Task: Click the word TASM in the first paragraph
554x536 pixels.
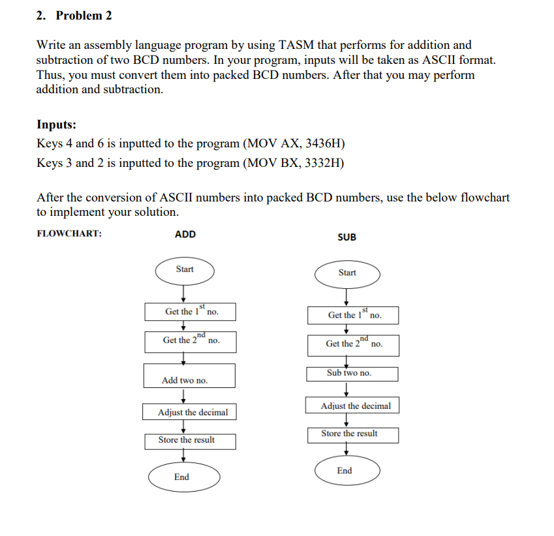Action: coord(298,45)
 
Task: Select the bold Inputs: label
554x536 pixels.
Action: coord(56,124)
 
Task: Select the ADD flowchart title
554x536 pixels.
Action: coord(185,234)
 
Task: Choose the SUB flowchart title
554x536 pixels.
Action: coord(347,237)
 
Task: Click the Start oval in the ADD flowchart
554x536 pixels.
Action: coord(185,269)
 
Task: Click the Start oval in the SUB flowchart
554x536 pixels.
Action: coord(347,273)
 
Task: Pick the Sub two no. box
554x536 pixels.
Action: coord(352,374)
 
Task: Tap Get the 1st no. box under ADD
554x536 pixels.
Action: coord(191,312)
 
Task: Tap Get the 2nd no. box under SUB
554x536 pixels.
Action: coord(353,344)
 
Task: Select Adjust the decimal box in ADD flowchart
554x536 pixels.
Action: coord(189,412)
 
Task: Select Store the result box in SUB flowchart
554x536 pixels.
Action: coord(352,434)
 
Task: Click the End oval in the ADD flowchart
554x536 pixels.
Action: coord(182,477)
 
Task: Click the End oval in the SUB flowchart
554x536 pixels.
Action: coord(346,471)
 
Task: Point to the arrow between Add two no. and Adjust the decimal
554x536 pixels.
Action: coord(185,396)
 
